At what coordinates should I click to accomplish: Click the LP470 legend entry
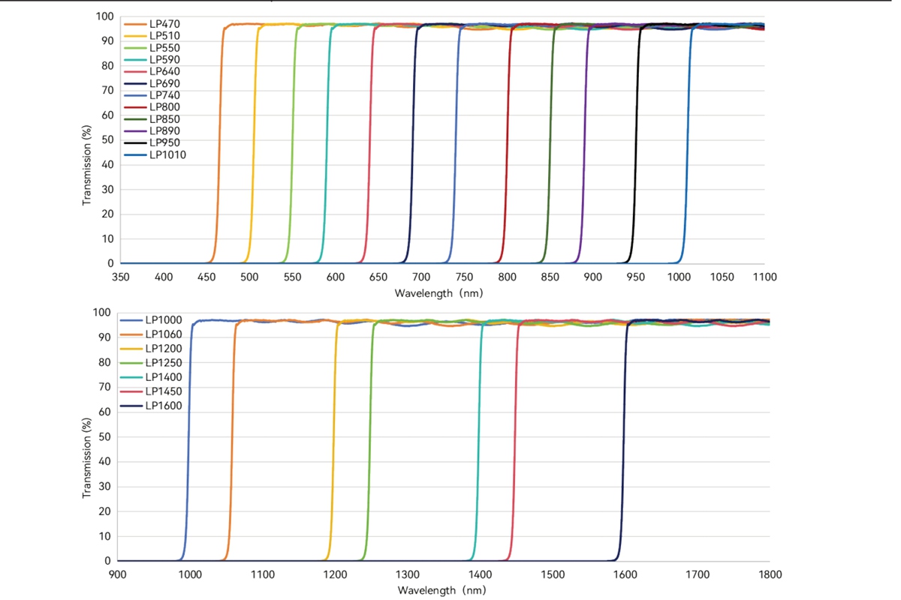point(152,24)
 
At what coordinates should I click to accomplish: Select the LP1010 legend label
point(155,154)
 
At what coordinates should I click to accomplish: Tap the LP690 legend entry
point(152,83)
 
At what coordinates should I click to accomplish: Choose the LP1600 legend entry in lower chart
point(151,406)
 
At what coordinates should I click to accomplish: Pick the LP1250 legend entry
point(151,363)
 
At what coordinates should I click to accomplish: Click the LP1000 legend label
point(164,320)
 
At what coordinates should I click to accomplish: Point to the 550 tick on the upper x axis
point(292,277)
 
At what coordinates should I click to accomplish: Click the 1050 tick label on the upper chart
point(722,277)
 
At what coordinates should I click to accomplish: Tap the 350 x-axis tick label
point(121,277)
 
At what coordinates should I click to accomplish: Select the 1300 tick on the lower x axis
point(408,574)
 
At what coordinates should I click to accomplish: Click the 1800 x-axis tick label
point(770,574)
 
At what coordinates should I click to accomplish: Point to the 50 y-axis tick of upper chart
point(107,139)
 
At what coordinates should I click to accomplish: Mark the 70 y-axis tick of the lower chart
point(104,387)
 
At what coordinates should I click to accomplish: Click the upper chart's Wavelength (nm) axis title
point(438,293)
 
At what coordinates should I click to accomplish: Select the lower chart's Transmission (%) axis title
point(86,458)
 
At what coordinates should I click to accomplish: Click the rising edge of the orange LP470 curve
point(219,145)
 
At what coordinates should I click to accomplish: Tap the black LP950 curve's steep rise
point(636,145)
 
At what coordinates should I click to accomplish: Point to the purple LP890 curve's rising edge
point(584,145)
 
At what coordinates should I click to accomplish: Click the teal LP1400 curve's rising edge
point(478,442)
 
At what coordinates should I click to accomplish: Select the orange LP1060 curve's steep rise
point(232,442)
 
